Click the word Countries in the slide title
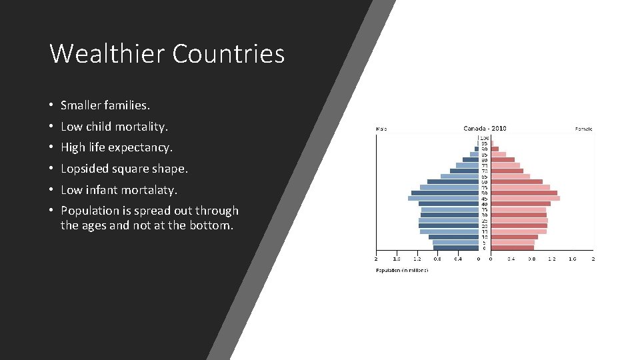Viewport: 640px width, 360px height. click(229, 53)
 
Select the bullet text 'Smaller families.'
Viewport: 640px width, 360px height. click(105, 105)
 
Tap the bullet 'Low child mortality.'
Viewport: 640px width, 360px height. click(114, 127)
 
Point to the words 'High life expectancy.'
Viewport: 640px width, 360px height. click(116, 147)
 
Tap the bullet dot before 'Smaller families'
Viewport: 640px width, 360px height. click(51, 106)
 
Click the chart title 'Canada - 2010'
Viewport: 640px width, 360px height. click(485, 128)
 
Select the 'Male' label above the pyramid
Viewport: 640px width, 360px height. click(381, 129)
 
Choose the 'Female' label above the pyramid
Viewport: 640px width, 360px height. click(584, 129)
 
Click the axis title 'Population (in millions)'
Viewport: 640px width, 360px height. click(402, 271)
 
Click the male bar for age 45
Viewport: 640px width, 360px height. click(443, 198)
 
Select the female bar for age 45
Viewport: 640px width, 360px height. click(525, 198)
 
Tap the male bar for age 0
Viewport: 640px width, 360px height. click(456, 248)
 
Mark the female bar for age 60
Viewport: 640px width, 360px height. click(517, 181)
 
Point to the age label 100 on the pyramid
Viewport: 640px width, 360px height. click(485, 138)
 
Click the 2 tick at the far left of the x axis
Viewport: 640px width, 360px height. click(376, 259)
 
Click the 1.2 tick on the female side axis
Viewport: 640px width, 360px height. click(552, 259)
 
